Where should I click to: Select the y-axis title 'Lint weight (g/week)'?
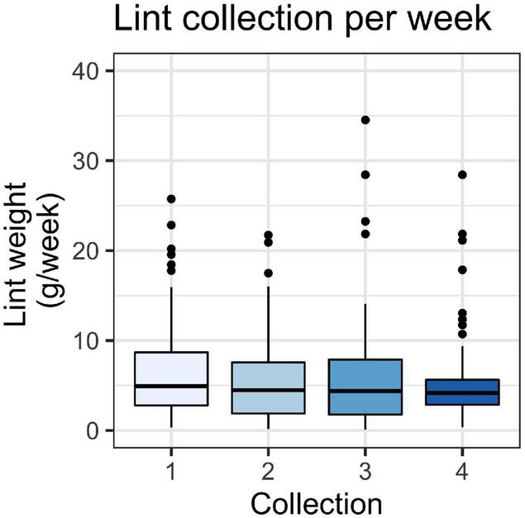tap(41, 250)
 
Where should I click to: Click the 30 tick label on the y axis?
tap(89, 160)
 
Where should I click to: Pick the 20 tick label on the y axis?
tap(89, 250)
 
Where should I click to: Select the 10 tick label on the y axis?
tap(89, 340)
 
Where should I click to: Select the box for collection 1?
tap(170, 378)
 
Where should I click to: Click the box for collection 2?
tap(268, 387)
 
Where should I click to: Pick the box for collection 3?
tap(365, 387)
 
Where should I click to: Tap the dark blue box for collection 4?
tap(462, 392)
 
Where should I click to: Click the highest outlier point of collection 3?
tap(365, 120)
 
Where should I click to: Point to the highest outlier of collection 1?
tap(170, 199)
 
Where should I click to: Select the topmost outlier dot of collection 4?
tap(462, 174)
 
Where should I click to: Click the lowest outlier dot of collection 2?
tap(268, 273)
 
